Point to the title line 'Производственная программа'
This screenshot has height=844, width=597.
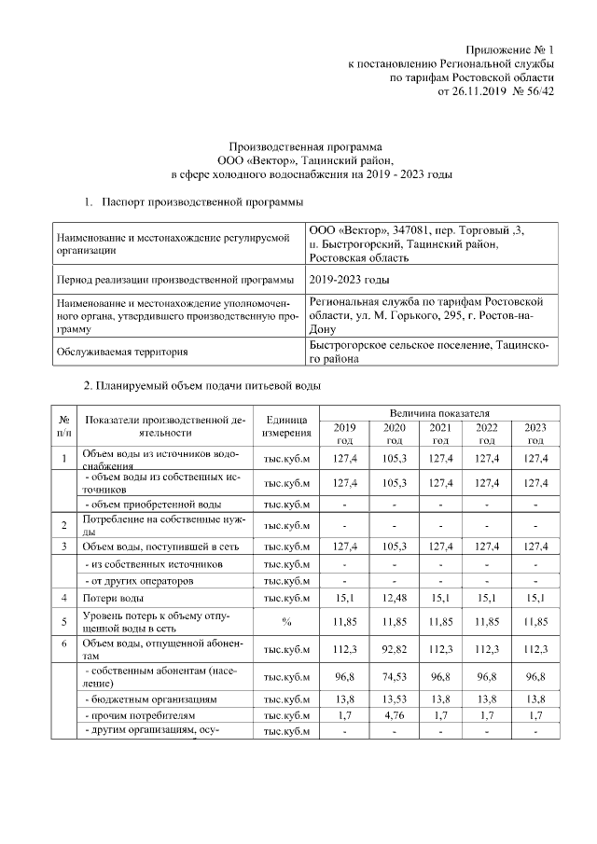click(306, 145)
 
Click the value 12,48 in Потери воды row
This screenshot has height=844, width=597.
click(395, 597)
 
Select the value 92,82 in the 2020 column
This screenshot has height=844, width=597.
click(395, 650)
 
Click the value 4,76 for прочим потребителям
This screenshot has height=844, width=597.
click(395, 716)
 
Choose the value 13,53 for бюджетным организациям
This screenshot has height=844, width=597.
click(395, 699)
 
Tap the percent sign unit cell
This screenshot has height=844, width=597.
click(286, 619)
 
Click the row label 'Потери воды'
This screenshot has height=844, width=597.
click(113, 597)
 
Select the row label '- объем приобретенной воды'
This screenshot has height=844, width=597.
click(153, 504)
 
